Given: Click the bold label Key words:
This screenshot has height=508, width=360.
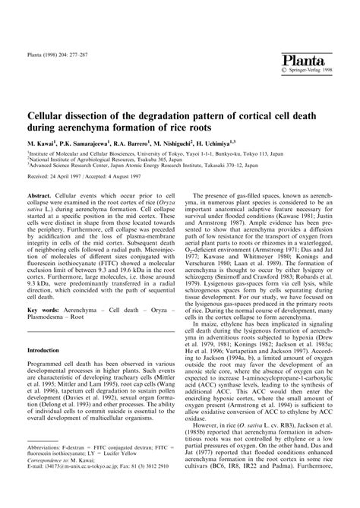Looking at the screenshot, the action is click(46, 330).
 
